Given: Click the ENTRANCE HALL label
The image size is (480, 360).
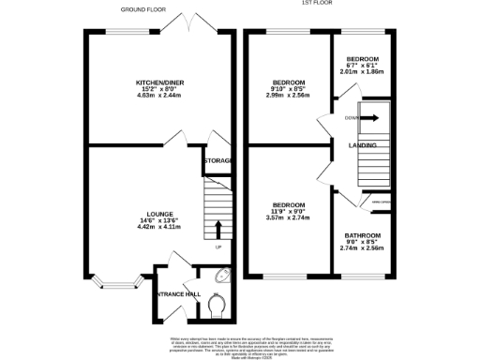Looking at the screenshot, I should pos(179,294).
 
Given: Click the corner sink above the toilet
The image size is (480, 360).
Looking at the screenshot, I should pos(221,277).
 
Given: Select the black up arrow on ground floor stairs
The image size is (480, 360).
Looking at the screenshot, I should pos(218,230).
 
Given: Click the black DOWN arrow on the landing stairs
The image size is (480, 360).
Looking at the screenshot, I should pos(370,118).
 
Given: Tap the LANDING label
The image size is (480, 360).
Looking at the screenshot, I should pos(363,145).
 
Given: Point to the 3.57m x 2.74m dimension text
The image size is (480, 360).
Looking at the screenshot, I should pos(288,220).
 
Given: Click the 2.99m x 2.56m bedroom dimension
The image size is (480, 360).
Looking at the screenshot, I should pos(288,95).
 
